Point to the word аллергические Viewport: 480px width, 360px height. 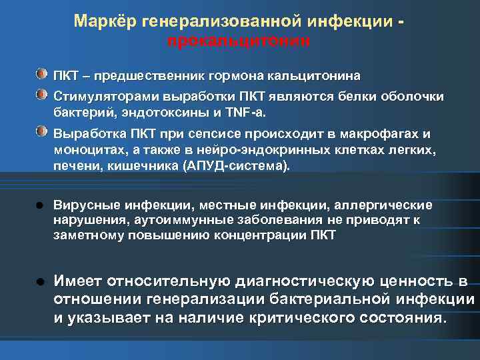[383, 205]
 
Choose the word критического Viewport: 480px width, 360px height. [283, 318]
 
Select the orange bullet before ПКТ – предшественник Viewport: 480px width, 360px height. [42, 71]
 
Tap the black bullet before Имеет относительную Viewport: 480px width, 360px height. [41, 281]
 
